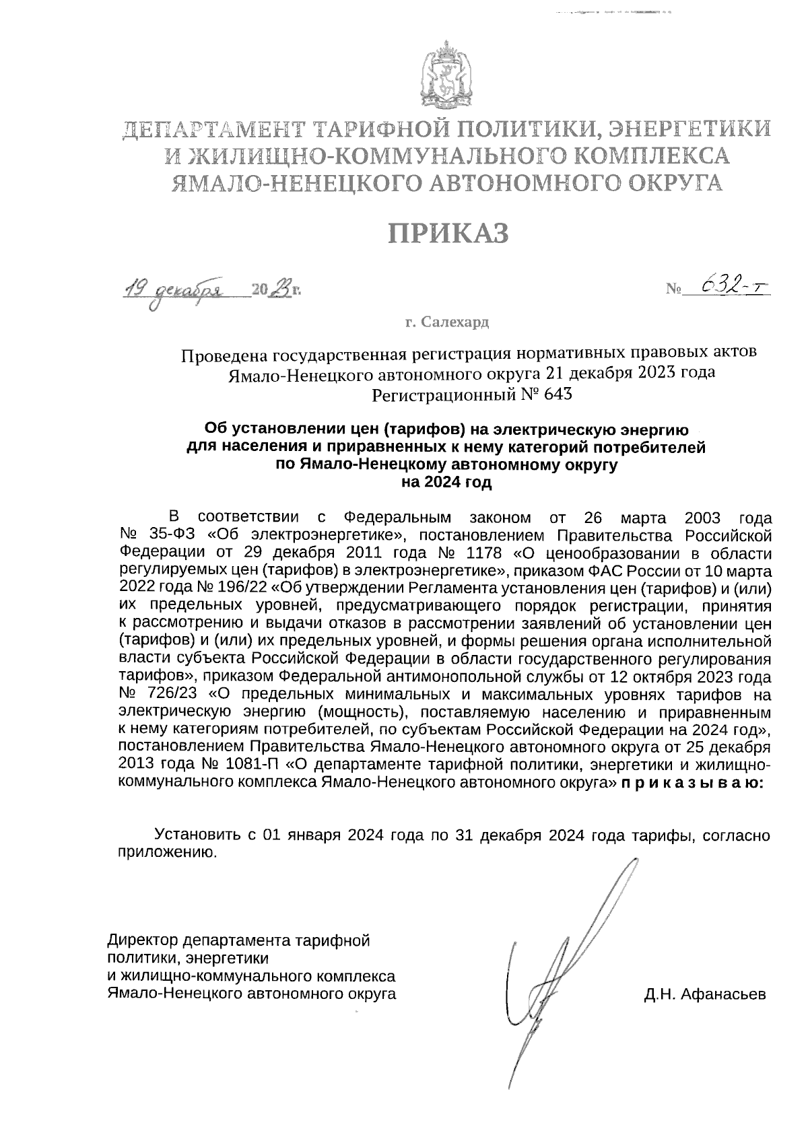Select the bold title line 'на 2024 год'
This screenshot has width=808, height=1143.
click(x=446, y=482)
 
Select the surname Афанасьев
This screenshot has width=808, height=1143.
click(x=723, y=994)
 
